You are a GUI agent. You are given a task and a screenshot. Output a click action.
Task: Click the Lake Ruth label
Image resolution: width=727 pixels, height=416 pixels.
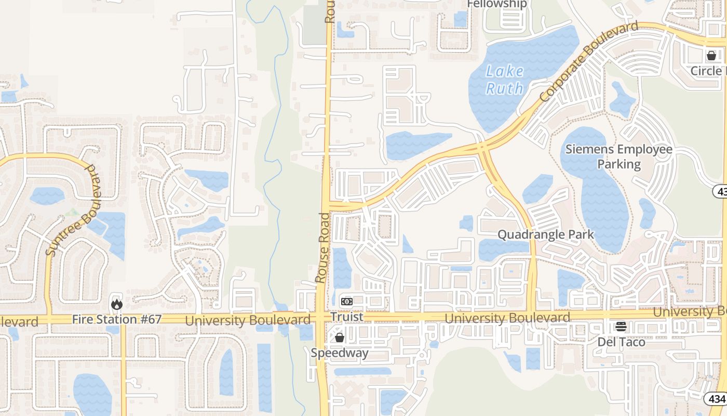tap(505, 80)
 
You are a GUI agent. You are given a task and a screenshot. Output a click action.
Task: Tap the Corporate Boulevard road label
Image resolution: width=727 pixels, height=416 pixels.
tap(589, 62)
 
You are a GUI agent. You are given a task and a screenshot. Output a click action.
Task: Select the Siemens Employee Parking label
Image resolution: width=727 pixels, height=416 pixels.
tap(618, 157)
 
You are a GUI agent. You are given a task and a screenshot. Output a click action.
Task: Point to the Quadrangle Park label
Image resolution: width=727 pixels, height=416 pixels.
tap(545, 235)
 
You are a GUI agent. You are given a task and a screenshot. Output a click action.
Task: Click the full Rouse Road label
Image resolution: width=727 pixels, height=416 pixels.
tap(322, 248)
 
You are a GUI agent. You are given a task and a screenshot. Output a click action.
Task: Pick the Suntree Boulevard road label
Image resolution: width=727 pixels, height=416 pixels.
tap(73, 211)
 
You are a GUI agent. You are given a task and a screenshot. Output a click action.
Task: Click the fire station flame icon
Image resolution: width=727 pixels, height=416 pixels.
tap(117, 303)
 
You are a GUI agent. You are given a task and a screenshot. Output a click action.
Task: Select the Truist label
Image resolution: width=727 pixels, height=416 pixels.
tap(347, 316)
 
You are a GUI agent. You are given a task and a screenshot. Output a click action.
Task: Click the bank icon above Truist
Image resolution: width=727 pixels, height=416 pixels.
tap(347, 302)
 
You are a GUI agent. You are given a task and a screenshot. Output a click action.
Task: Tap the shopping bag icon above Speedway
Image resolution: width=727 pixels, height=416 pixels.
tap(340, 338)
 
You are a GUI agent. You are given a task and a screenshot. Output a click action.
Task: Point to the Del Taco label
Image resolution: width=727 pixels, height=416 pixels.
tap(621, 342)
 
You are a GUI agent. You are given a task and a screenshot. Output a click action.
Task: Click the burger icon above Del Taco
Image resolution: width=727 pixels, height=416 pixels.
tap(621, 327)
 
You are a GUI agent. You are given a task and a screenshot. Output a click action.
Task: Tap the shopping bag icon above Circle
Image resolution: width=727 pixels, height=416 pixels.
tap(711, 55)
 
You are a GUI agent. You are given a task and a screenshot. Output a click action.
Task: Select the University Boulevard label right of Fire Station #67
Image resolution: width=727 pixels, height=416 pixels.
tap(248, 320)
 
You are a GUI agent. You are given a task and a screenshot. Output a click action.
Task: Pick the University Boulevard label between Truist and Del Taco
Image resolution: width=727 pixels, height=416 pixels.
tap(507, 318)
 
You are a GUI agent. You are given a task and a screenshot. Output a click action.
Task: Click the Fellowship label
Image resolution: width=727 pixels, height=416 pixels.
tap(497, 4)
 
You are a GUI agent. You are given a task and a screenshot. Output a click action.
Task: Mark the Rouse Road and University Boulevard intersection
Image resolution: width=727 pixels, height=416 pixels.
tap(323, 317)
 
